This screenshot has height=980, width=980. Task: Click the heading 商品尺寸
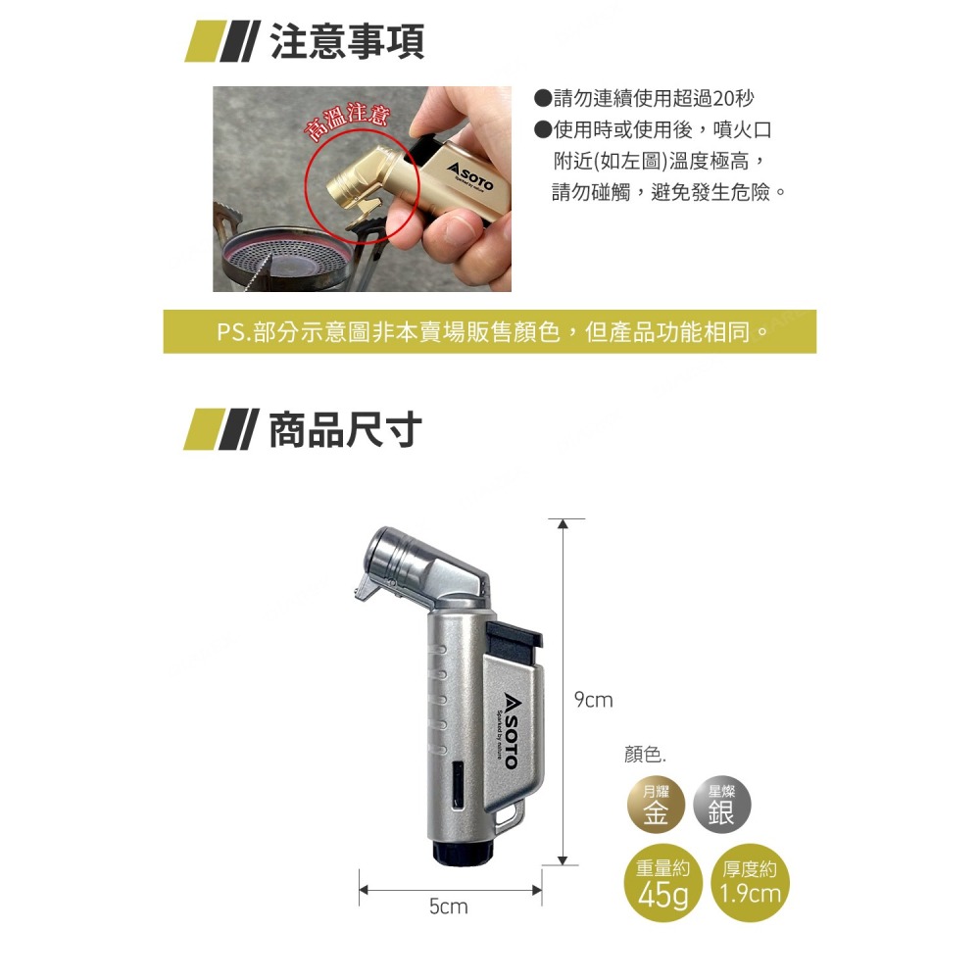(x=345, y=429)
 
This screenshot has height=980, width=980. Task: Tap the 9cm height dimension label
(x=593, y=700)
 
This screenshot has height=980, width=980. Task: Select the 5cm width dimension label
(x=448, y=907)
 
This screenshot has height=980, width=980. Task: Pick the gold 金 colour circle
(x=656, y=807)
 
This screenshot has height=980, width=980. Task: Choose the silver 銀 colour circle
(x=721, y=807)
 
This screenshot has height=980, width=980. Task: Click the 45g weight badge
(x=662, y=886)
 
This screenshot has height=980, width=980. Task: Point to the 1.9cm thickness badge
(x=749, y=886)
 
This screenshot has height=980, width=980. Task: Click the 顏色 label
(x=644, y=756)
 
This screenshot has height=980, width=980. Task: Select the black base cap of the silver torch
(x=464, y=854)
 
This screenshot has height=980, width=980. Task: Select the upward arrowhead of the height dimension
(x=563, y=526)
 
